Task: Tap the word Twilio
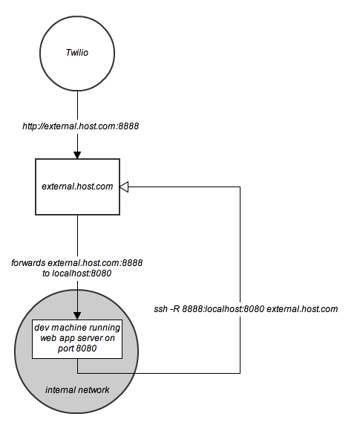[x=77, y=53]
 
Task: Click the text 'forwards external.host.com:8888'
[x=77, y=263]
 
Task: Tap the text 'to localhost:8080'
[x=77, y=273]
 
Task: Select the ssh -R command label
[x=246, y=308]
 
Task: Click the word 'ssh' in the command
[x=161, y=308]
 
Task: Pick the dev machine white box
[x=77, y=339]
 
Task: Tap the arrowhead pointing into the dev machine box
[x=77, y=314]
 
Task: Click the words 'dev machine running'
[x=77, y=328]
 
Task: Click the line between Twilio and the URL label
[x=77, y=104]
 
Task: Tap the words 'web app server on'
[x=77, y=337]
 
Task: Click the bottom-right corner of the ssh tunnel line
[x=240, y=371]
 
